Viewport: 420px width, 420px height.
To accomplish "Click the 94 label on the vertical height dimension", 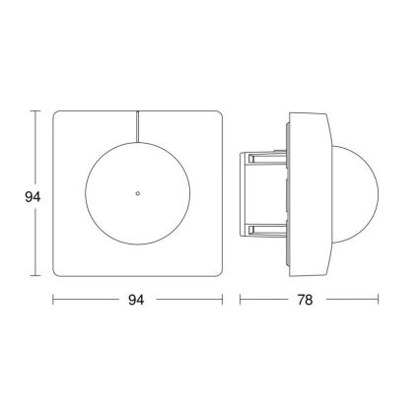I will pos(32,196).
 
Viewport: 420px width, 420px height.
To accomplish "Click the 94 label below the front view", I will pos(137,300).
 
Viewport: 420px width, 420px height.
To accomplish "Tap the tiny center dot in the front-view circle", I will pos(138,193).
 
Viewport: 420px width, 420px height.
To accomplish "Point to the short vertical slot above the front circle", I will pos(138,126).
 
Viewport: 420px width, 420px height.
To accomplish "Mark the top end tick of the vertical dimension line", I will pos(36,111).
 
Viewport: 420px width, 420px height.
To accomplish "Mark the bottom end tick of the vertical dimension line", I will pos(36,277).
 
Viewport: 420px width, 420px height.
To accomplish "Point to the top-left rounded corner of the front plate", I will pos(58,116).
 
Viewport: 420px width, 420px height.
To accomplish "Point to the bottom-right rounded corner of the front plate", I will pos(217,272).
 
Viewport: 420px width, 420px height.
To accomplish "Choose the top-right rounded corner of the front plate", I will pos(217,116).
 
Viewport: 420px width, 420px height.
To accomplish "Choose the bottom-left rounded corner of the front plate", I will pos(58,272).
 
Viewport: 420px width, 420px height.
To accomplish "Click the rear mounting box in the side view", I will pos(261,193).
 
